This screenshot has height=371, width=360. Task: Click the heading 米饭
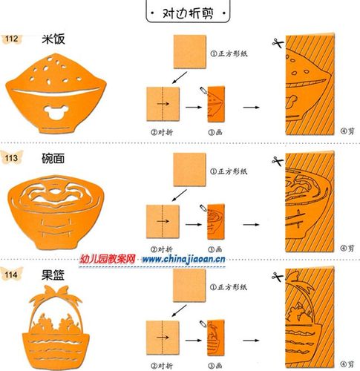(53, 37)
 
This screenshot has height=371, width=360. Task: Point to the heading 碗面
(54, 157)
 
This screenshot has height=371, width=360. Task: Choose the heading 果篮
(54, 274)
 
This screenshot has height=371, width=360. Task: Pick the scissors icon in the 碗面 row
(277, 160)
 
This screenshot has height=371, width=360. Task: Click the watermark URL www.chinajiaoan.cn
(189, 260)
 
